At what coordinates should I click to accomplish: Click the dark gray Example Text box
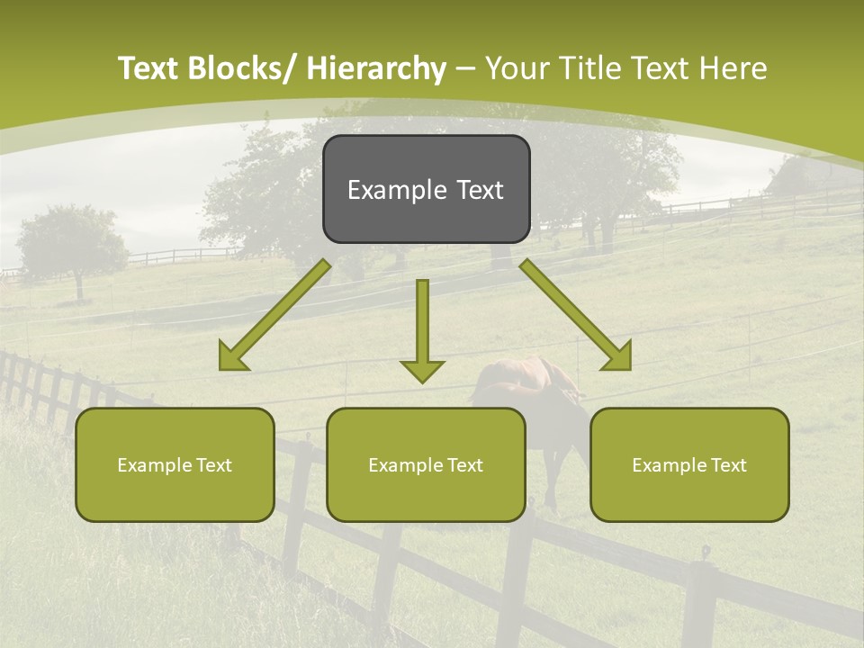pos(426,189)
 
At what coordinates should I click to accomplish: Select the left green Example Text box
pos(175,464)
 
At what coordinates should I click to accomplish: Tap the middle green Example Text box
pos(426,464)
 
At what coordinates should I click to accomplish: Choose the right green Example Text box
pos(689,464)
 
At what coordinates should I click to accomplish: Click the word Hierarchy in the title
pos(376,68)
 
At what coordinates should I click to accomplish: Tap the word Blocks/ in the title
pos(238,68)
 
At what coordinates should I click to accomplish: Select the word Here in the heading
pos(735,68)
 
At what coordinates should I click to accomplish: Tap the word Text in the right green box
pos(728,464)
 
